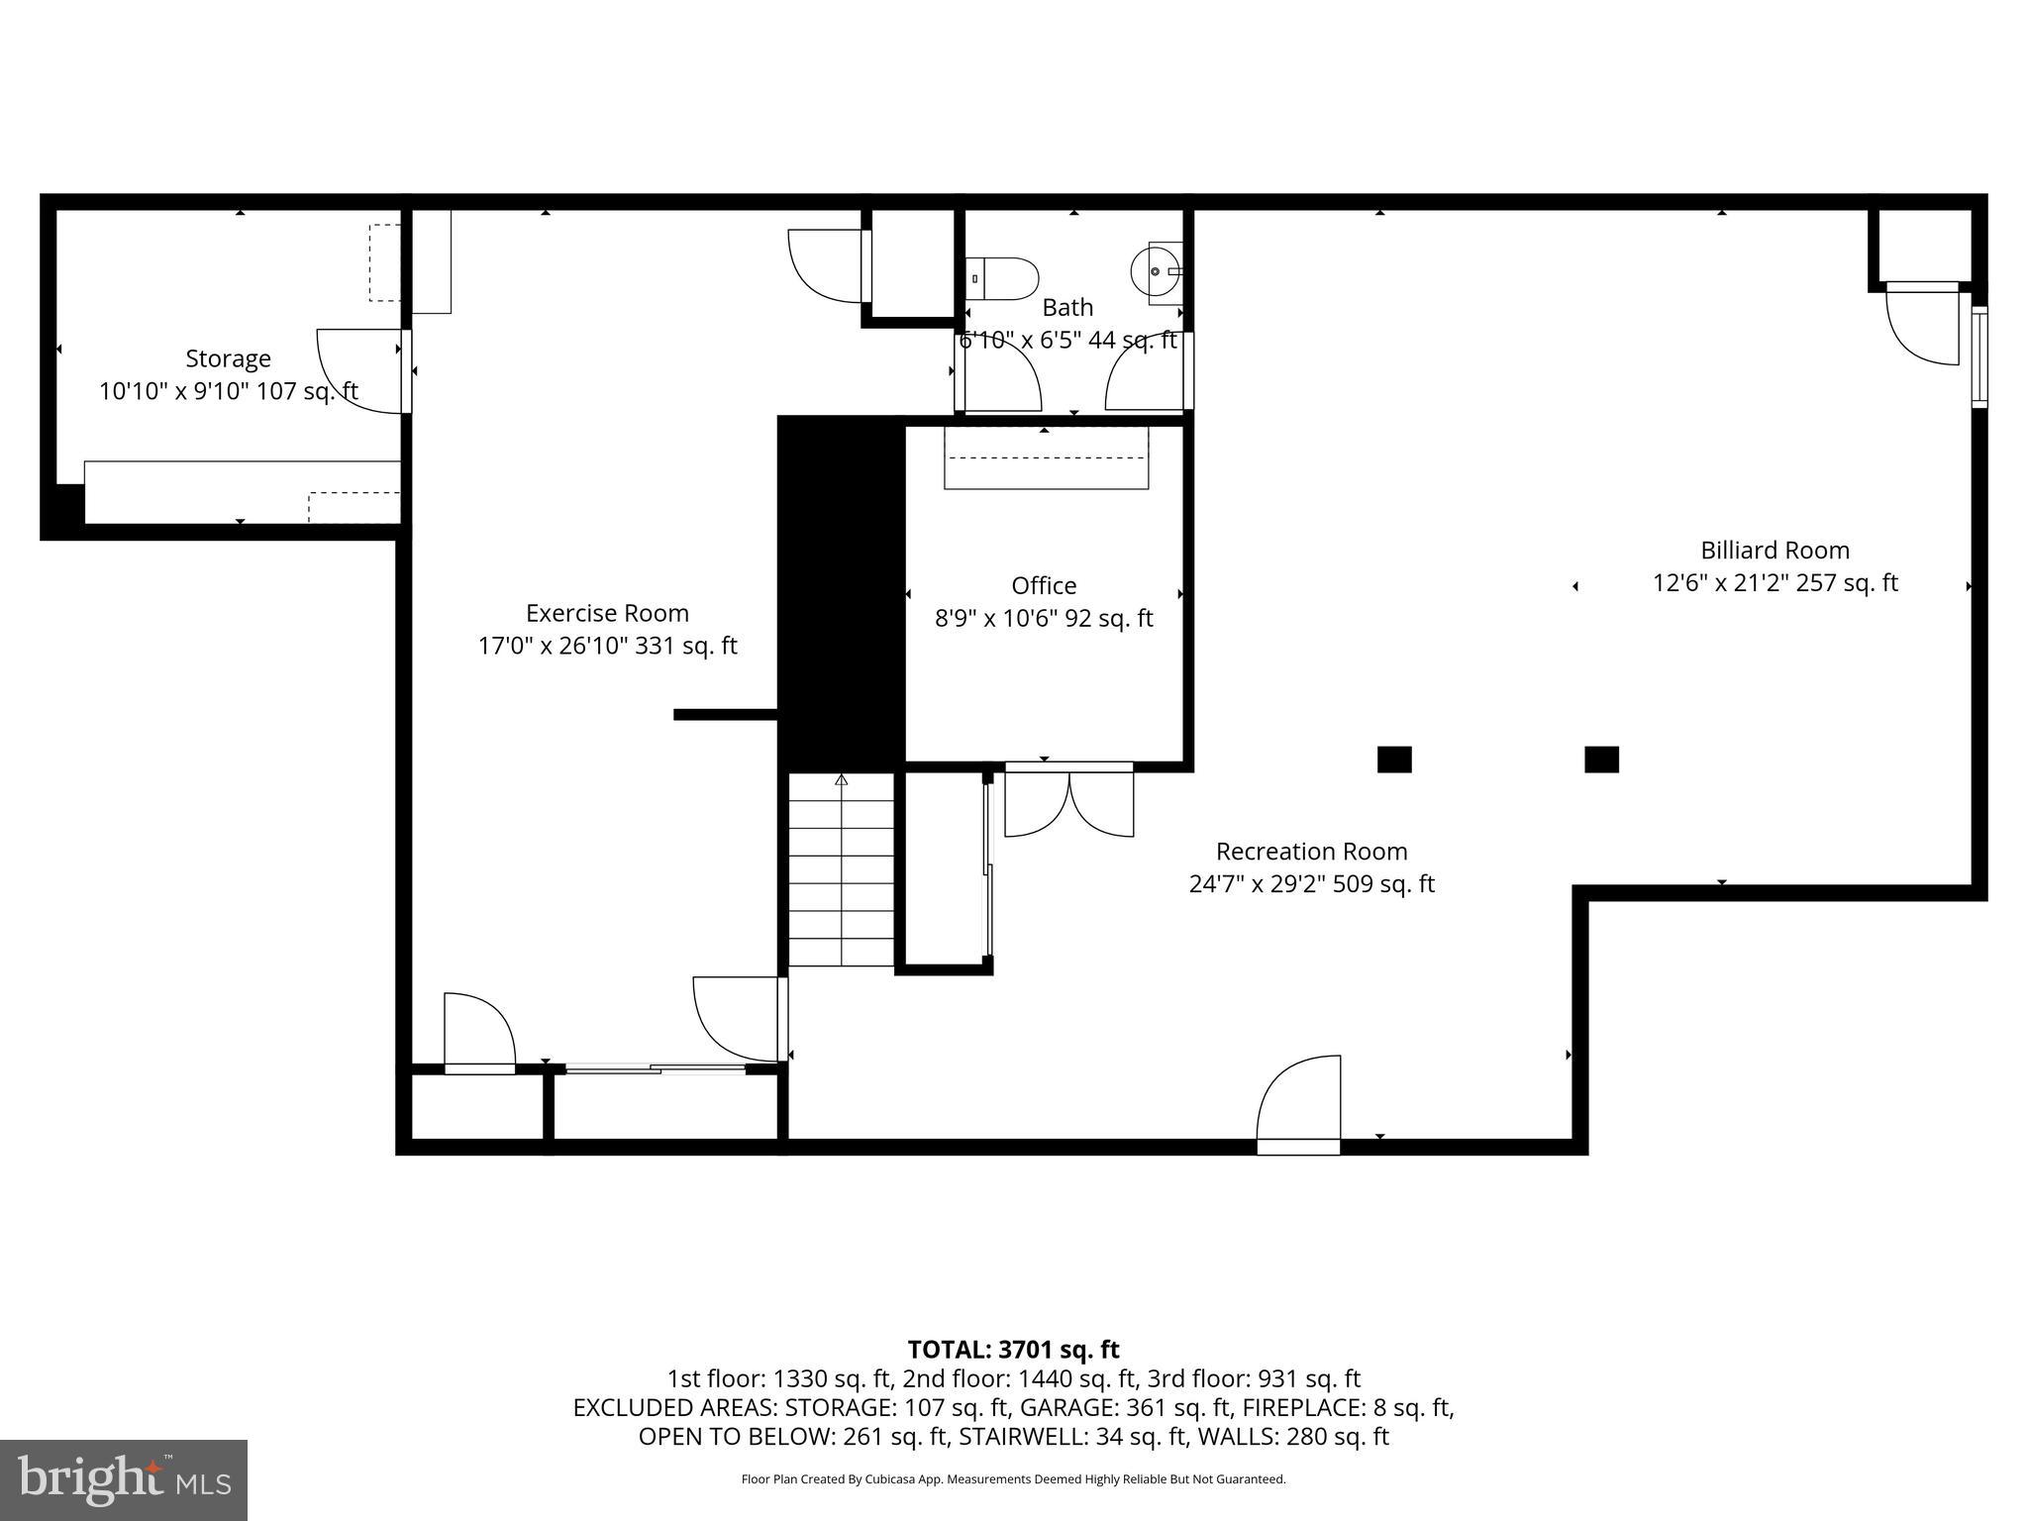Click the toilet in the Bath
tap(1003, 278)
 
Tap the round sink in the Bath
tap(1156, 270)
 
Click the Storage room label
tap(228, 358)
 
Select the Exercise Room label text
tap(607, 613)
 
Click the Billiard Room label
tap(1774, 551)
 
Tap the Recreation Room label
tap(1311, 852)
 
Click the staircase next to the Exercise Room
tap(841, 869)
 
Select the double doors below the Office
tap(1069, 800)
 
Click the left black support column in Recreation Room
tap(1394, 760)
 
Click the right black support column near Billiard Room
tap(1601, 760)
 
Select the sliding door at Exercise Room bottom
tap(655, 1068)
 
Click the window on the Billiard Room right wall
tap(1978, 357)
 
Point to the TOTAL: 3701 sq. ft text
tap(1013, 1350)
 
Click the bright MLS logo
tap(124, 1479)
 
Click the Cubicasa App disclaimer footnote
tap(1013, 1479)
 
